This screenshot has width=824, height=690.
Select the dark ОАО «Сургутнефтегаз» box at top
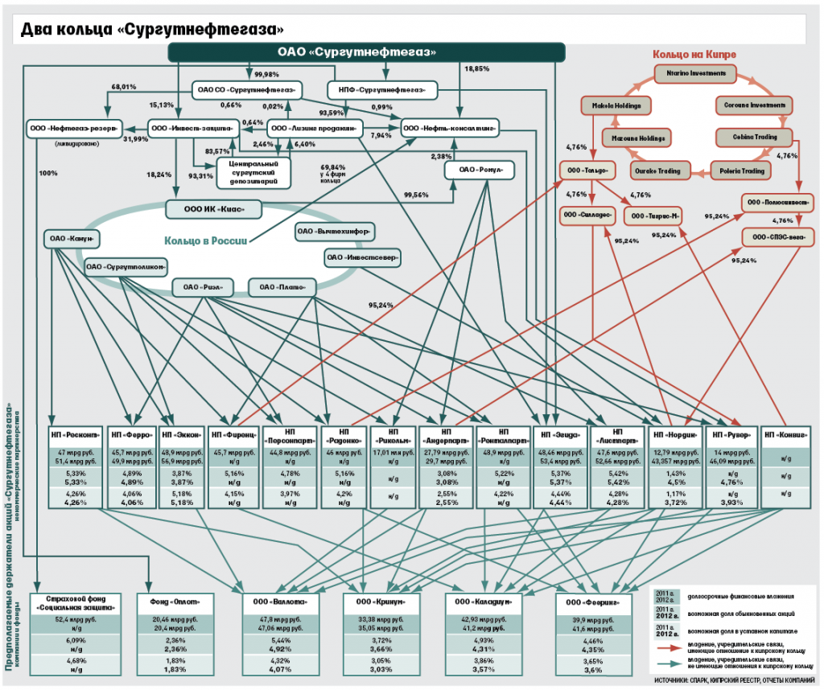point(366,52)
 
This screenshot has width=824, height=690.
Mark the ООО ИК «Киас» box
point(215,210)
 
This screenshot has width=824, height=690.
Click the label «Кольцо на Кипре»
point(694,55)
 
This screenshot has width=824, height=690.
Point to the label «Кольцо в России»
point(204,240)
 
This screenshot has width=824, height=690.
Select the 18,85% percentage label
point(476,69)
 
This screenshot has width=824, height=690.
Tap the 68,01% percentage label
point(123,86)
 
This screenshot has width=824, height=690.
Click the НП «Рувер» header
point(731,434)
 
